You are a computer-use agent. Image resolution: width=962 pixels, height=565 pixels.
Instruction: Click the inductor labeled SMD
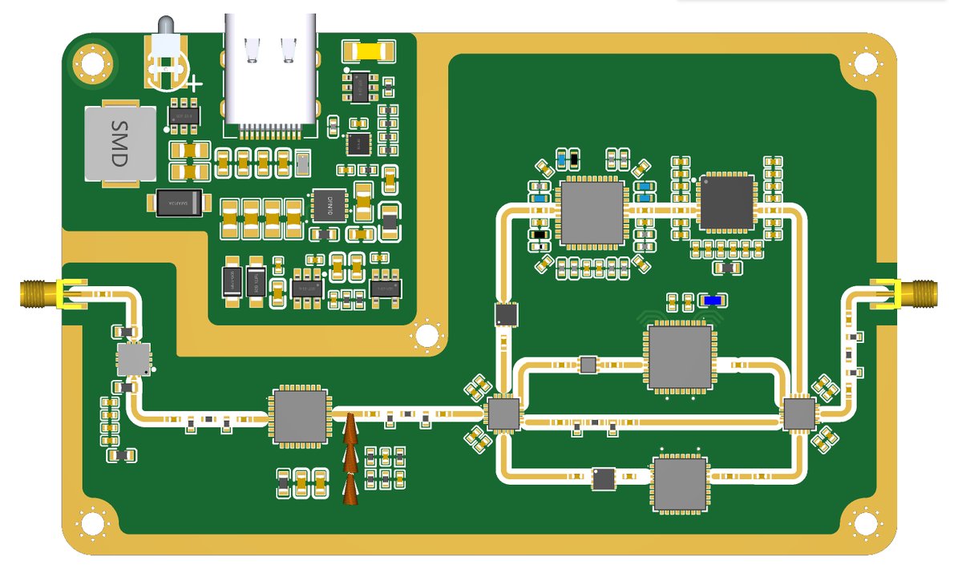coord(119,144)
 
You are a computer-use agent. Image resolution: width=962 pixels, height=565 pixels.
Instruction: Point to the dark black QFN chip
coord(726,202)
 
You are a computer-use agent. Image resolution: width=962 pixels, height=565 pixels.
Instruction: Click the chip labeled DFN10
coord(328,205)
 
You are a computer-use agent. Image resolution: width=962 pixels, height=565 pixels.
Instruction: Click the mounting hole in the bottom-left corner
coord(94,524)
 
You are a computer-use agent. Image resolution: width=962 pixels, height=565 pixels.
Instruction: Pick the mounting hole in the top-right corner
coord(865,62)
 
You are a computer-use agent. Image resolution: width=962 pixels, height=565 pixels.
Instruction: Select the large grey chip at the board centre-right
coord(681,357)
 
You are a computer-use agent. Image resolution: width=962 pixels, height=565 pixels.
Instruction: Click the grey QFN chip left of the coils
coord(301,417)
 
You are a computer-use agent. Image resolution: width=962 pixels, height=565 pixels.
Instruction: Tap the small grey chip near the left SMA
coord(133,360)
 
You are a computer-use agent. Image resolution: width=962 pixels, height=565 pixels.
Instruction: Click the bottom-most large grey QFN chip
coord(680,483)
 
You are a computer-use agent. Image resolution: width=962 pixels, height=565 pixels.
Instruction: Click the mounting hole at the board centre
coord(427,333)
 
